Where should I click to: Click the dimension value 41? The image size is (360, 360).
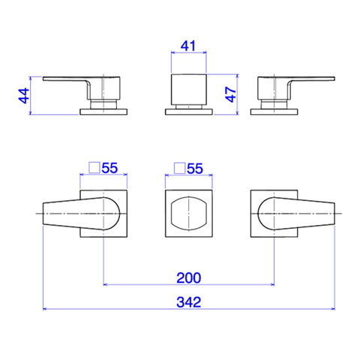coord(188,46)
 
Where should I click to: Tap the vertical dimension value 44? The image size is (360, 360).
coord(24,96)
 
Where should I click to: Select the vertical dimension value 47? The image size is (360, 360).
coord(230,94)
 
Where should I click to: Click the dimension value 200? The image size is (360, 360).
coord(189,277)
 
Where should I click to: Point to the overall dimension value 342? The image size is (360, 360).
coord(189,302)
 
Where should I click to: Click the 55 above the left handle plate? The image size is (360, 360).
coord(109,168)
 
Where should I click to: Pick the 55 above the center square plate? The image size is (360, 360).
coord(195,169)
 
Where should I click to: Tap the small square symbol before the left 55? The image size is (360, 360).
coord(94,167)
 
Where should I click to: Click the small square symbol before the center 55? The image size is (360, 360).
coord(180,168)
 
